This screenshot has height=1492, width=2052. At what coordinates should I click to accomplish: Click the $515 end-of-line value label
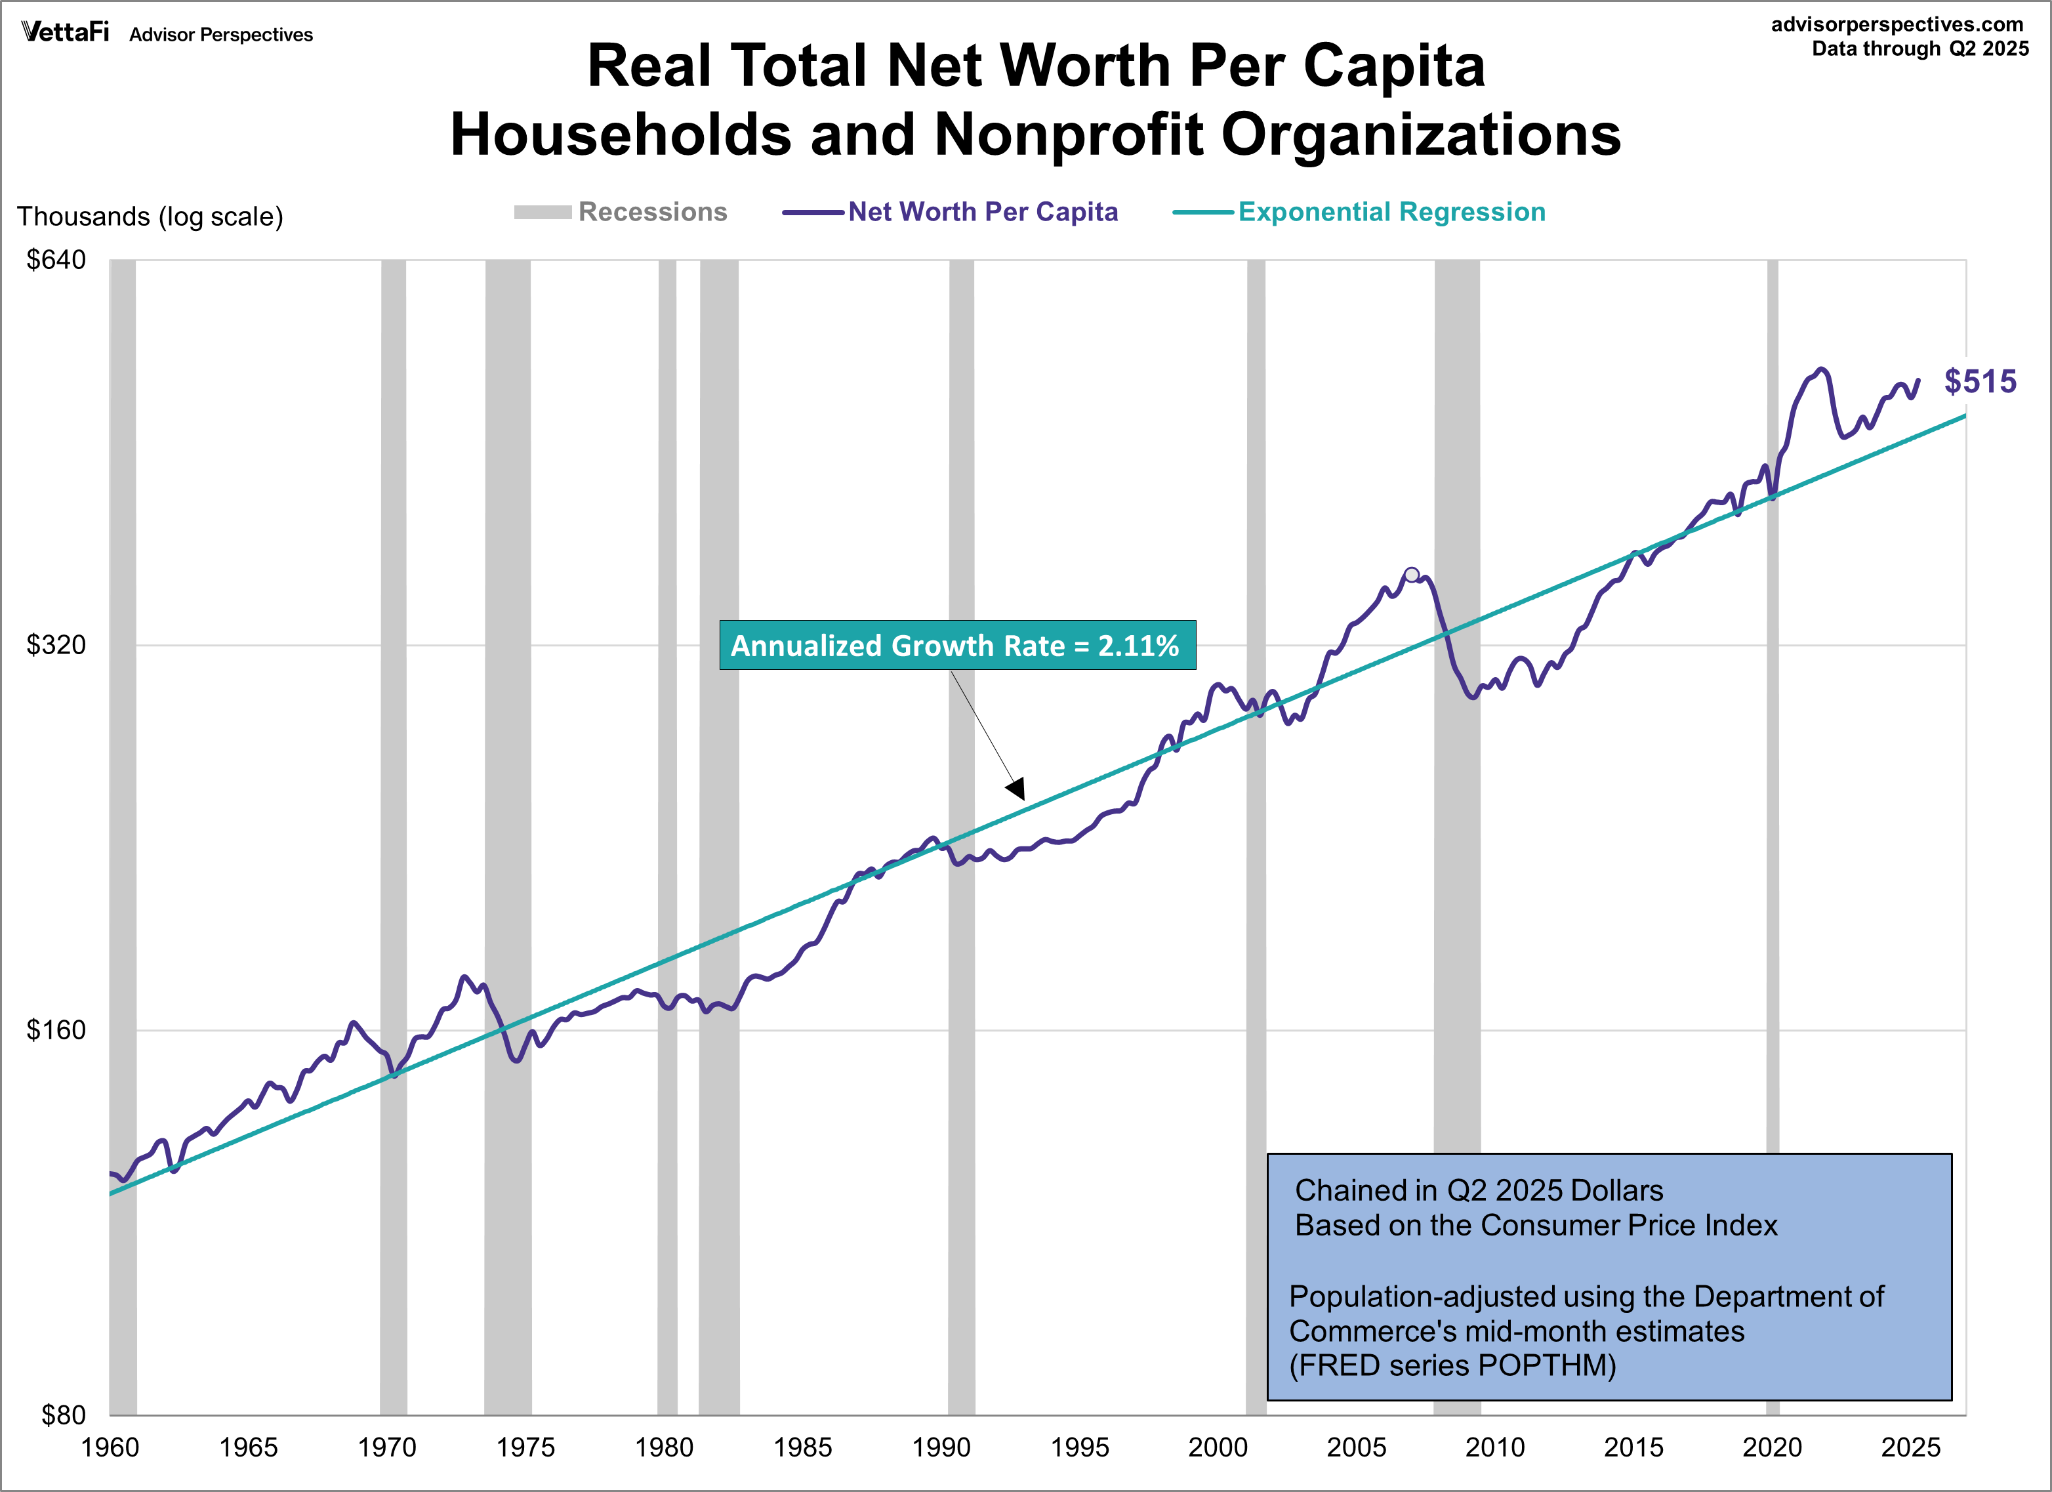[x=1980, y=381]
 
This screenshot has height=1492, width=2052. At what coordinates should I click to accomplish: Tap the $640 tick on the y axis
[x=56, y=260]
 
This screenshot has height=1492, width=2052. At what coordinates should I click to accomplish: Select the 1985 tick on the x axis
[x=802, y=1447]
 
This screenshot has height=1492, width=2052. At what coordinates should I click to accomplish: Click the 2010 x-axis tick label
[x=1494, y=1447]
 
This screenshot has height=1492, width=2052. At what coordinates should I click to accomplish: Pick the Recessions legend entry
[x=621, y=212]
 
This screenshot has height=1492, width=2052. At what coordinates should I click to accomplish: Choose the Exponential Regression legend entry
[x=1359, y=212]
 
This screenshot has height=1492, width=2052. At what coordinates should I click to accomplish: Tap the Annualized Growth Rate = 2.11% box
[x=957, y=645]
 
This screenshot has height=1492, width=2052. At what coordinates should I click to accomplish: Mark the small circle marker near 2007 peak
[x=1412, y=575]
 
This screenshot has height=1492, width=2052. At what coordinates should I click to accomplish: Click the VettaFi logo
[x=65, y=33]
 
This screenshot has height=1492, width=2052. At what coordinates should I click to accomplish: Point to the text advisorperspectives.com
[x=1897, y=24]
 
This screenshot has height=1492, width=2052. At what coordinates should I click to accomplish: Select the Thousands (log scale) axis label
[x=150, y=217]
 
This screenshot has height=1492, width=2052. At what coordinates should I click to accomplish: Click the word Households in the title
[x=621, y=135]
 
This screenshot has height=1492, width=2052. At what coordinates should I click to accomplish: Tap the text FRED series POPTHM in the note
[x=1453, y=1365]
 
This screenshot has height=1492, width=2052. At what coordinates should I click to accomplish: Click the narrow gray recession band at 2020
[x=1773, y=814]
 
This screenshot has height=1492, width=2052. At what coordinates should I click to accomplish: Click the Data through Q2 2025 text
[x=1920, y=49]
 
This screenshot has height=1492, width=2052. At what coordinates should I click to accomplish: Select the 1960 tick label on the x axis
[x=110, y=1447]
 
